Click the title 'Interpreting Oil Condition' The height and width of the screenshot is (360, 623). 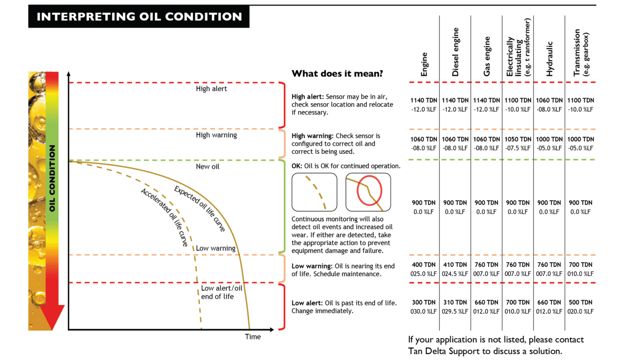[139, 17]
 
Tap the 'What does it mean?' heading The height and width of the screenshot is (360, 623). [337, 74]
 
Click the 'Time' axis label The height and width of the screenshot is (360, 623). [253, 336]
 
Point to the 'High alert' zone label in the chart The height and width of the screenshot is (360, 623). [211, 89]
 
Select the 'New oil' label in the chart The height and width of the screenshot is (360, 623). [207, 167]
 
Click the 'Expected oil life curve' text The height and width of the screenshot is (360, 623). [200, 208]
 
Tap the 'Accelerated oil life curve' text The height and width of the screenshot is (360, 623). [165, 217]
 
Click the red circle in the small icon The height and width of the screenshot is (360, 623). [369, 190]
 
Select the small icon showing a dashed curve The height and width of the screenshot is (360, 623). [314, 192]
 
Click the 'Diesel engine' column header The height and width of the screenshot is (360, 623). [455, 52]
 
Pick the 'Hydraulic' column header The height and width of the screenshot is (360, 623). [550, 59]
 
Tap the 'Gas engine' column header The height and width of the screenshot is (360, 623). [487, 56]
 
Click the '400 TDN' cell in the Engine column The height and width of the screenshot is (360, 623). [423, 265]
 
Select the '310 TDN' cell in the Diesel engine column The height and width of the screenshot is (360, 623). [455, 302]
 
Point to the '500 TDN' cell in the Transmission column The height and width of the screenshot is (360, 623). [580, 302]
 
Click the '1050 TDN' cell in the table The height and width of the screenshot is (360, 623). [518, 139]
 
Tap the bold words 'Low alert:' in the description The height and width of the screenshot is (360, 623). [307, 303]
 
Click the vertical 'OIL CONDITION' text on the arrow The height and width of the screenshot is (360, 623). [52, 178]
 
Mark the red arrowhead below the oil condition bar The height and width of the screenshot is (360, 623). [52, 316]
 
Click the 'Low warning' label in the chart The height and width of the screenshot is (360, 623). [215, 248]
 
